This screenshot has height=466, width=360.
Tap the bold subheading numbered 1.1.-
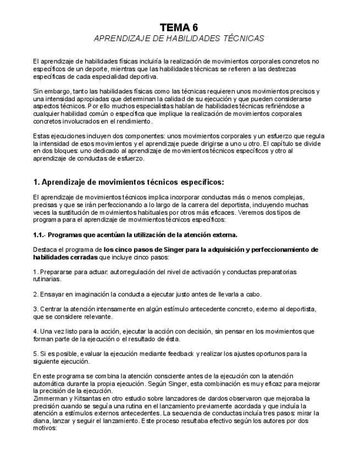click(x=135, y=235)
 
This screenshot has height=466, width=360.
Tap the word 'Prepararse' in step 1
click(x=57, y=271)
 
